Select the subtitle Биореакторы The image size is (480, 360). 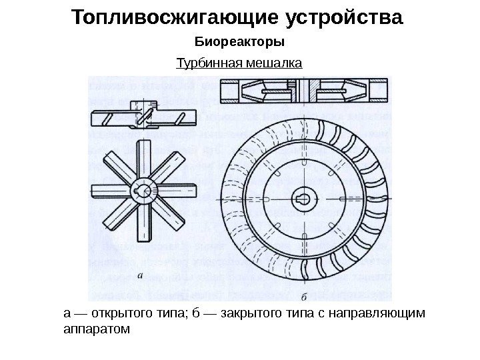click(239, 43)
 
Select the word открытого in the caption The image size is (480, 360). click(114, 313)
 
